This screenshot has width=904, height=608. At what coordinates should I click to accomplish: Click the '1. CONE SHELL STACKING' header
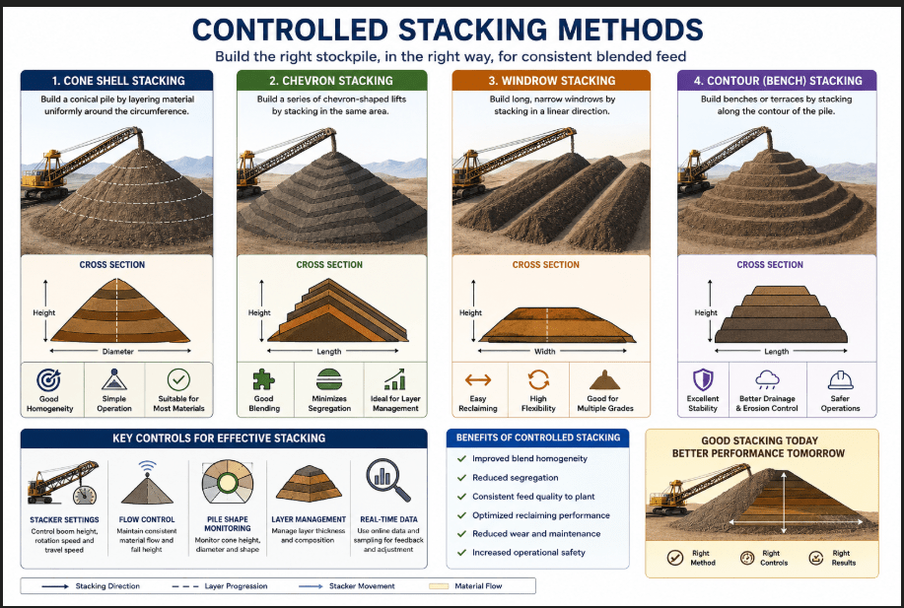(x=117, y=81)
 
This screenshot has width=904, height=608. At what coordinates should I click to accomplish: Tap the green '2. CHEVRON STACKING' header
(x=331, y=81)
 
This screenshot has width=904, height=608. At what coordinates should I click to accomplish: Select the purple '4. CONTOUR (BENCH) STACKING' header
(x=777, y=81)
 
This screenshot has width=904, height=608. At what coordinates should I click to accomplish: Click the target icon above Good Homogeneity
(x=48, y=379)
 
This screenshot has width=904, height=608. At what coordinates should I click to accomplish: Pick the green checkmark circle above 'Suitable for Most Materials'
(x=178, y=379)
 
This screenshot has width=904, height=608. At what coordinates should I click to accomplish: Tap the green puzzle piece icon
(x=263, y=379)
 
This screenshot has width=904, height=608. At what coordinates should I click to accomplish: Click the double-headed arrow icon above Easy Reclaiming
(x=478, y=379)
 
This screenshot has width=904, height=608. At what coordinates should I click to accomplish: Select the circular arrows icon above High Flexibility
(x=538, y=379)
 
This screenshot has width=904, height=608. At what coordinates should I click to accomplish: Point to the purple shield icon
(x=703, y=379)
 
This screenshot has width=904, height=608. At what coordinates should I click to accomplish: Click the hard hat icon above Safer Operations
(x=840, y=380)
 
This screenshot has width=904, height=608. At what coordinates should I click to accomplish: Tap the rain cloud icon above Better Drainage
(x=767, y=379)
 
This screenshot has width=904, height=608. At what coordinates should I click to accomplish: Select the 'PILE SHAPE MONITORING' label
(x=228, y=524)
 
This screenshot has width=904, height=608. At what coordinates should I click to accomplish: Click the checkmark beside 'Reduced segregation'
(x=461, y=478)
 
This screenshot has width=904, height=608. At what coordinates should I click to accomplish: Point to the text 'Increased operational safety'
(x=528, y=553)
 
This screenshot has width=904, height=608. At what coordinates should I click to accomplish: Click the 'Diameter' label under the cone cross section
(x=117, y=352)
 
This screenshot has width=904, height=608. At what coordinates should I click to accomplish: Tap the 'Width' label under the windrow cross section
(x=545, y=352)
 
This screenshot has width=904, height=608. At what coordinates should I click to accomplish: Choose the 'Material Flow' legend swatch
(x=439, y=586)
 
